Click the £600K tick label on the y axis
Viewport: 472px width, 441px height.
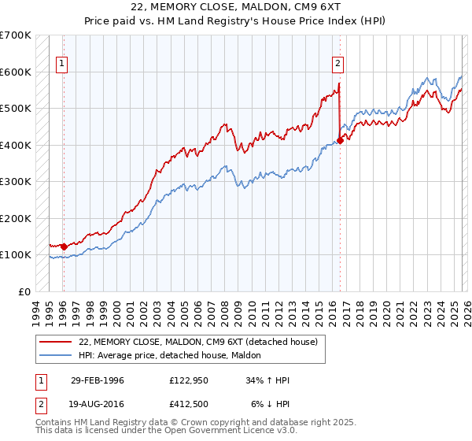[16, 72]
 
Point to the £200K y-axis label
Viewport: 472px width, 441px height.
[16, 218]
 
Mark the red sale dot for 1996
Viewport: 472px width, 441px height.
[64, 246]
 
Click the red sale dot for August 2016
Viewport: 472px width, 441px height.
[340, 141]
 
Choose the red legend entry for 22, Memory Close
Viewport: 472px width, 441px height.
[197, 342]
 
